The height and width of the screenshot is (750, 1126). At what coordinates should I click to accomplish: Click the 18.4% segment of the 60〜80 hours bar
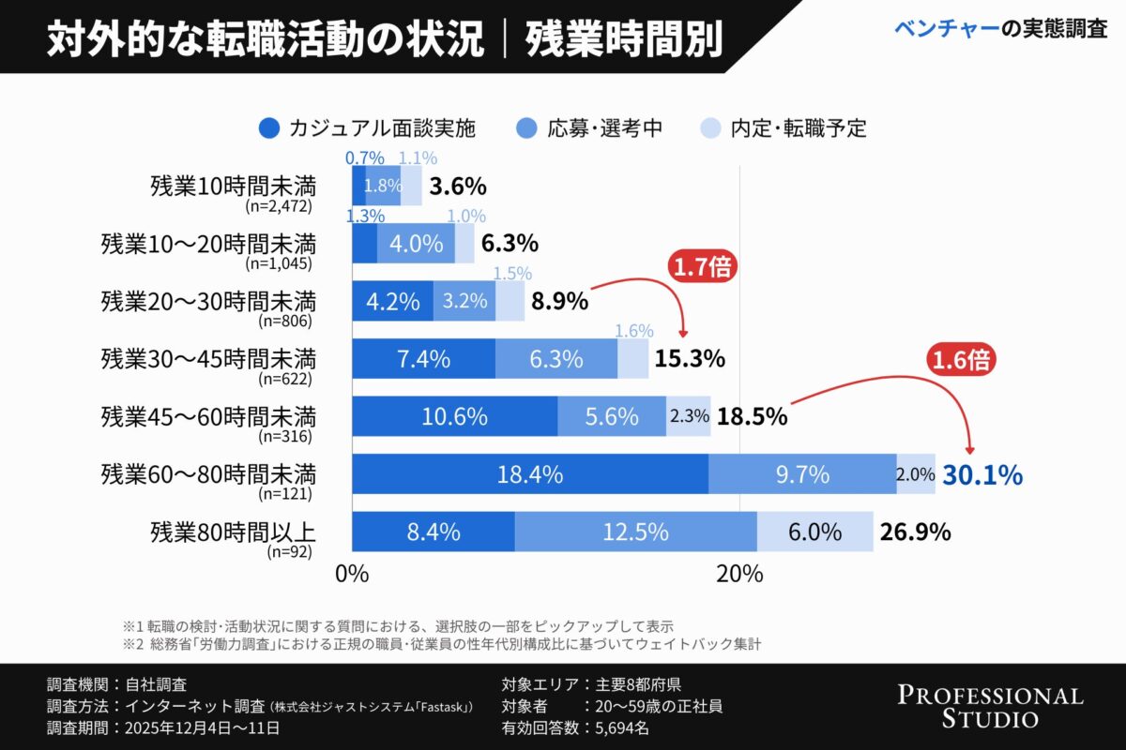pos(530,474)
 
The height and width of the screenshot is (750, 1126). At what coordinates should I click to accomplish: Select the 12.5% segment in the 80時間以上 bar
pos(636,532)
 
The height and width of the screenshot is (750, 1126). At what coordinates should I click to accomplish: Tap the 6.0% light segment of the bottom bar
pos(814,532)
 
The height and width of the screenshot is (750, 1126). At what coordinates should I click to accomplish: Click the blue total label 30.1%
pos(981,475)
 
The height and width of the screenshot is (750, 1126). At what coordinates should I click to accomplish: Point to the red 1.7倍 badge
pos(702,268)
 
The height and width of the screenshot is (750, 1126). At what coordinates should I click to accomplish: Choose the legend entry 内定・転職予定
pos(784,128)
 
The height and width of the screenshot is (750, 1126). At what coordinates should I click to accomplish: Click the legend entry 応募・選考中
pos(591,128)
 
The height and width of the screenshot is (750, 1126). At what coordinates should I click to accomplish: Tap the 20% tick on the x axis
pos(739,575)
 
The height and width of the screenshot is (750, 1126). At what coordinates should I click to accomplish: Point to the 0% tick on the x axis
pos(352,575)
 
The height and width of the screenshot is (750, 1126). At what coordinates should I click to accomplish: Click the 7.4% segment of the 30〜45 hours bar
pos(423,359)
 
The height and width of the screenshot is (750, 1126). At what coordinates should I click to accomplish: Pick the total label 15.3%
pos(691,358)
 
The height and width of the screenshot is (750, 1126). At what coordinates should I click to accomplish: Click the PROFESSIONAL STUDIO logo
pos(990,706)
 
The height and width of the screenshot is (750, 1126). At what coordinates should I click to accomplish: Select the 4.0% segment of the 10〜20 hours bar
pos(416,244)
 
